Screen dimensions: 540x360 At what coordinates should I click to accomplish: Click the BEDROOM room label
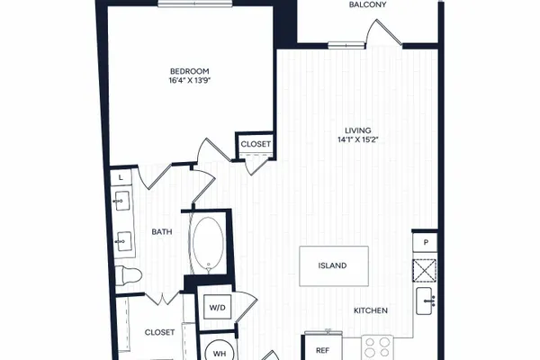click(x=189, y=71)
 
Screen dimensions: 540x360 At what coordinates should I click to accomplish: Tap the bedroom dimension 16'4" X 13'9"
click(x=189, y=81)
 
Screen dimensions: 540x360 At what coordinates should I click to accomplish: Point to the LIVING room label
click(x=358, y=130)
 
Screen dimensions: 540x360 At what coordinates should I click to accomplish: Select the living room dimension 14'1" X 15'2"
click(x=358, y=139)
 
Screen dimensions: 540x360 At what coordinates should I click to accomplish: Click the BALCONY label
click(x=367, y=4)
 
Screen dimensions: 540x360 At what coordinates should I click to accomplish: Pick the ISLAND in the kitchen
click(x=334, y=266)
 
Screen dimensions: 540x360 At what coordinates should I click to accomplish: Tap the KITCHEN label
click(x=371, y=310)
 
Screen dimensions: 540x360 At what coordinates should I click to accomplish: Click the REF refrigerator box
click(x=322, y=347)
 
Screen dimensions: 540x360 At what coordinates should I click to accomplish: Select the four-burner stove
click(x=377, y=348)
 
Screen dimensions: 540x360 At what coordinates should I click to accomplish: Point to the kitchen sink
click(x=424, y=301)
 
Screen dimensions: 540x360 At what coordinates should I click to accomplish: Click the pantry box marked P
click(x=426, y=242)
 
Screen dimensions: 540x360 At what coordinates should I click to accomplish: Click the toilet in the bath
click(x=128, y=275)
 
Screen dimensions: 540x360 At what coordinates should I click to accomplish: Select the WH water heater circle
click(x=220, y=352)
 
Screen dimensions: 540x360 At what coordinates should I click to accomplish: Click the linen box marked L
click(x=121, y=178)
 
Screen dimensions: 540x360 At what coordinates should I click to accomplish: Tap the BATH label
click(x=162, y=232)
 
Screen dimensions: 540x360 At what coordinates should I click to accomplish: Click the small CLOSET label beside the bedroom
click(x=256, y=144)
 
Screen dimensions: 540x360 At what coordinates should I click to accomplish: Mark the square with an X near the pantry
click(x=425, y=270)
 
